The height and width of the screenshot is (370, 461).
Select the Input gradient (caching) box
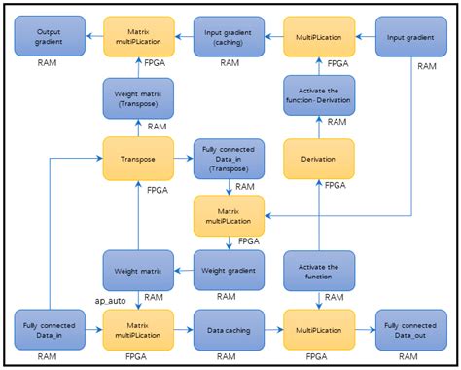[x=228, y=36]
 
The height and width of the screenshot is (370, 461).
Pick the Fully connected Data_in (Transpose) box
[x=228, y=158]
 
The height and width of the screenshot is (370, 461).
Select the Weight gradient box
[x=228, y=269]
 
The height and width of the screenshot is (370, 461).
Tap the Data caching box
[x=228, y=330]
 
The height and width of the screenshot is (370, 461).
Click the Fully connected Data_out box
[x=408, y=330]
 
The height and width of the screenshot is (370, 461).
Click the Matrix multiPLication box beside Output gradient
[x=138, y=36]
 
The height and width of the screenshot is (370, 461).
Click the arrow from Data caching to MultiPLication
[x=273, y=330]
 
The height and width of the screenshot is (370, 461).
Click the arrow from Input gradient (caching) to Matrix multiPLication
[x=183, y=36]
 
